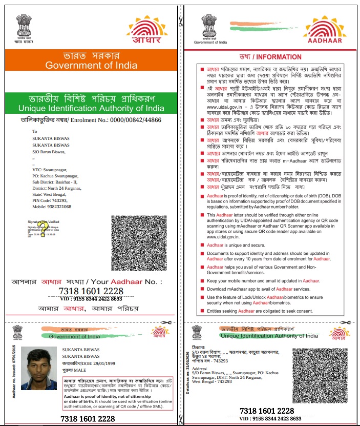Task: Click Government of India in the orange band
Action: (x=91, y=65)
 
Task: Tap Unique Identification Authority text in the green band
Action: (x=91, y=108)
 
